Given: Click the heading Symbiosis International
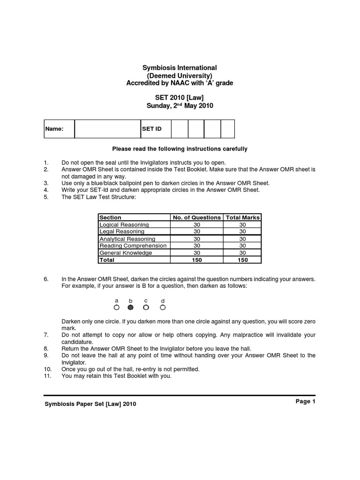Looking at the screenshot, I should click(180, 68).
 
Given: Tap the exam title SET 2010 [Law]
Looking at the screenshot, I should click(180, 97).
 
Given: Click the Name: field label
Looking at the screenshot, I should click(54, 129).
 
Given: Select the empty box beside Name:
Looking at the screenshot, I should click(107, 129).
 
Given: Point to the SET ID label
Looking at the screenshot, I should click(151, 129).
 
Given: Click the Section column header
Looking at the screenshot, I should click(111, 217).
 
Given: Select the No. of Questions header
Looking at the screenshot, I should click(197, 217).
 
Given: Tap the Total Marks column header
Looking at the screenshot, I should click(243, 217).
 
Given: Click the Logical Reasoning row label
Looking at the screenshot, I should click(124, 225).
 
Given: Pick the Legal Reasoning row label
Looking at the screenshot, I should click(122, 232).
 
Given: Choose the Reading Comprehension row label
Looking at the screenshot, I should click(133, 246).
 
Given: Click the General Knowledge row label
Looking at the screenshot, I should click(126, 253).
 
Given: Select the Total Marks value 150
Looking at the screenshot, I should click(243, 260).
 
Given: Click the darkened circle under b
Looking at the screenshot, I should click(131, 308).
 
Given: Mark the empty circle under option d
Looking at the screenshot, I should click(163, 308).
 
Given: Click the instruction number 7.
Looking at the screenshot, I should click(46, 335).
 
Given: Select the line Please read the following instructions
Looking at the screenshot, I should click(180, 149).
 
